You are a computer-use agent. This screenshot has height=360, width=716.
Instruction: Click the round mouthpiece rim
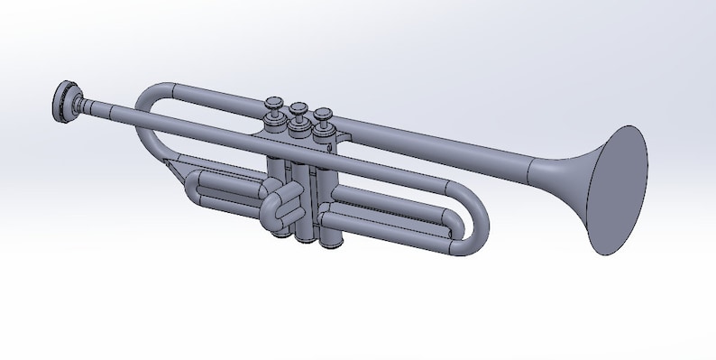(x=61, y=100)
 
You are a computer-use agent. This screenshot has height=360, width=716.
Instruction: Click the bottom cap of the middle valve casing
(x=305, y=236)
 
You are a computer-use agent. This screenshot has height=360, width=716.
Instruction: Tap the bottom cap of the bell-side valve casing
(x=332, y=240)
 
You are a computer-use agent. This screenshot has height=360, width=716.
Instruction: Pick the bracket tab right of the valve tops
(x=340, y=135)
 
